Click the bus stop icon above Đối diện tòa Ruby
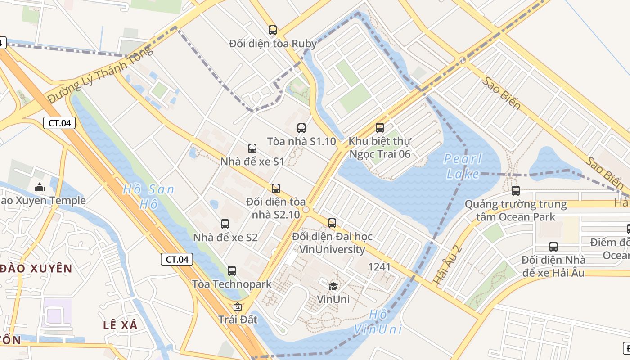pyautogui.click(x=273, y=30)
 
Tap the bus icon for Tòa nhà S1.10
pyautogui.click(x=301, y=128)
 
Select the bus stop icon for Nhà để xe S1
pyautogui.click(x=252, y=148)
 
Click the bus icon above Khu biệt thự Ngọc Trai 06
pyautogui.click(x=380, y=128)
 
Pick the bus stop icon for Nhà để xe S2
pyautogui.click(x=225, y=224)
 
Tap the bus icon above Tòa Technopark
pyautogui.click(x=232, y=270)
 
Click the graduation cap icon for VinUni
pyautogui.click(x=333, y=286)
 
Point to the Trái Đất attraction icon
pyautogui.click(x=238, y=307)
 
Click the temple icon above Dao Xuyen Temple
pyautogui.click(x=40, y=187)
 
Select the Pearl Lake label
pyautogui.click(x=463, y=166)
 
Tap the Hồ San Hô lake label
pyautogui.click(x=148, y=197)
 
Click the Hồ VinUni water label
pyautogui.click(x=377, y=322)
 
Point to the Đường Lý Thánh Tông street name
pyautogui.click(x=100, y=74)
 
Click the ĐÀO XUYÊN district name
pyautogui.click(x=36, y=269)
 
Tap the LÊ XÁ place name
pyautogui.click(x=120, y=325)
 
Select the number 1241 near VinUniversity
pyautogui.click(x=379, y=267)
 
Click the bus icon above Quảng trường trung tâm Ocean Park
pyautogui.click(x=516, y=191)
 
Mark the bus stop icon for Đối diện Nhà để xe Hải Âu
pyautogui.click(x=553, y=247)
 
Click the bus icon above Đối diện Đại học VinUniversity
pyautogui.click(x=332, y=223)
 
